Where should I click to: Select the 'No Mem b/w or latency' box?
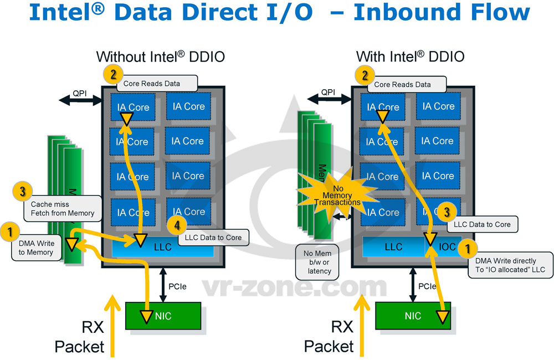point(317,261)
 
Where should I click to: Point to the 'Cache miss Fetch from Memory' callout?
point(63,208)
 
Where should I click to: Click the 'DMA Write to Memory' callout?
point(36,248)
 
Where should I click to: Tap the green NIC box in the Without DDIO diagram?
point(163,316)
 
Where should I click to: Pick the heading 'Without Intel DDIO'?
point(161,56)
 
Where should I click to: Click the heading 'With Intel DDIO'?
point(410,56)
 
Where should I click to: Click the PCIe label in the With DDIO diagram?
point(428,287)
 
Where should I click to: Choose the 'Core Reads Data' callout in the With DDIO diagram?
point(402,84)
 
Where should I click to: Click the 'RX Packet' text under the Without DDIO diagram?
point(80,337)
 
